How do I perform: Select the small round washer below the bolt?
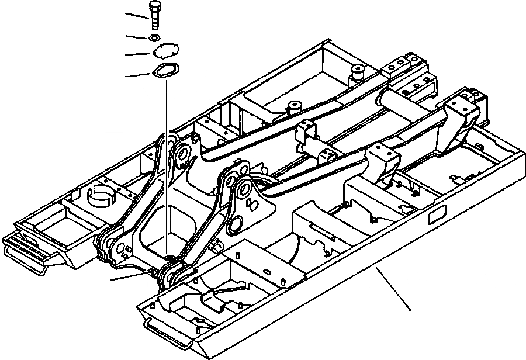click(x=153, y=39)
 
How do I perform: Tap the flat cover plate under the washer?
click(x=165, y=53)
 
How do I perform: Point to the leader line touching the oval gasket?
click(x=140, y=75)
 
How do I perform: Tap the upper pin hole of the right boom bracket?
click(x=244, y=190)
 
